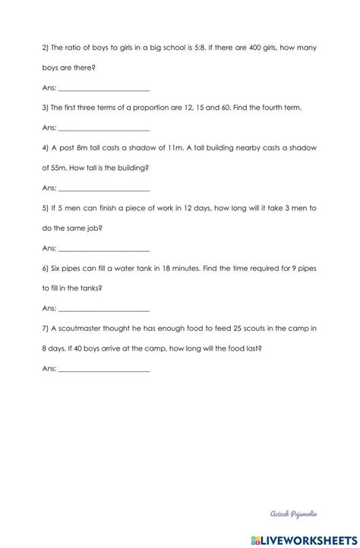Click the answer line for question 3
(x=104, y=128)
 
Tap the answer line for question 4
(x=104, y=187)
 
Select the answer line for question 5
(x=104, y=248)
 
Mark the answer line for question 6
(x=104, y=308)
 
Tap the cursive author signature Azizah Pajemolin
(x=306, y=514)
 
